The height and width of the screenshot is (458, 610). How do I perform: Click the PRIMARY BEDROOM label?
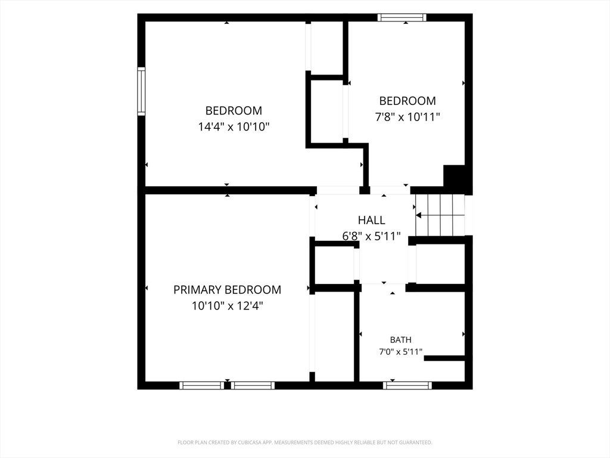[227, 290]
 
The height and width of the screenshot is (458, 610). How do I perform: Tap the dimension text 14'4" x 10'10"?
[234, 126]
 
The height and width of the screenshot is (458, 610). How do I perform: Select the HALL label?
[372, 220]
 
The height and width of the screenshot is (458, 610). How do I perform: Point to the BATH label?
[401, 340]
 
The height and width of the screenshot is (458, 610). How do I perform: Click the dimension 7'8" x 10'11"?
[407, 117]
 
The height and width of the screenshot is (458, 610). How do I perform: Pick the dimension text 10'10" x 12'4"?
[227, 306]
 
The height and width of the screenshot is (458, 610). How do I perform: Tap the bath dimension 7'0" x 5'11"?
[401, 352]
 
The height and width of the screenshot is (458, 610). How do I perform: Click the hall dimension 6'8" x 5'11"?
[371, 236]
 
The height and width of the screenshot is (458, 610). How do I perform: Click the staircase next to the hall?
[440, 215]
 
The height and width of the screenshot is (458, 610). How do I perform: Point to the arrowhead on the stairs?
[419, 215]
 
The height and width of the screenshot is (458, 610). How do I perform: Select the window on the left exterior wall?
[141, 91]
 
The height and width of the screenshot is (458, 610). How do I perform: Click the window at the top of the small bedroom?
[402, 17]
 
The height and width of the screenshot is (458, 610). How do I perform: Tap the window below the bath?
[407, 386]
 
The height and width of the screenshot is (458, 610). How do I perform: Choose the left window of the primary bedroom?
[201, 386]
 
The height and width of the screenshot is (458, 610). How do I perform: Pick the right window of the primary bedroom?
[253, 386]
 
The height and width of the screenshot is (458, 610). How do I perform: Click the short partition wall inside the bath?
[444, 358]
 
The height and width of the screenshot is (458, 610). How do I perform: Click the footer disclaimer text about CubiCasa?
[305, 442]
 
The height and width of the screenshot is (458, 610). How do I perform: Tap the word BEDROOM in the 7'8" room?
[407, 101]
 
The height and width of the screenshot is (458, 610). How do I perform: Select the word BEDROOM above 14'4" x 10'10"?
[234, 110]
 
